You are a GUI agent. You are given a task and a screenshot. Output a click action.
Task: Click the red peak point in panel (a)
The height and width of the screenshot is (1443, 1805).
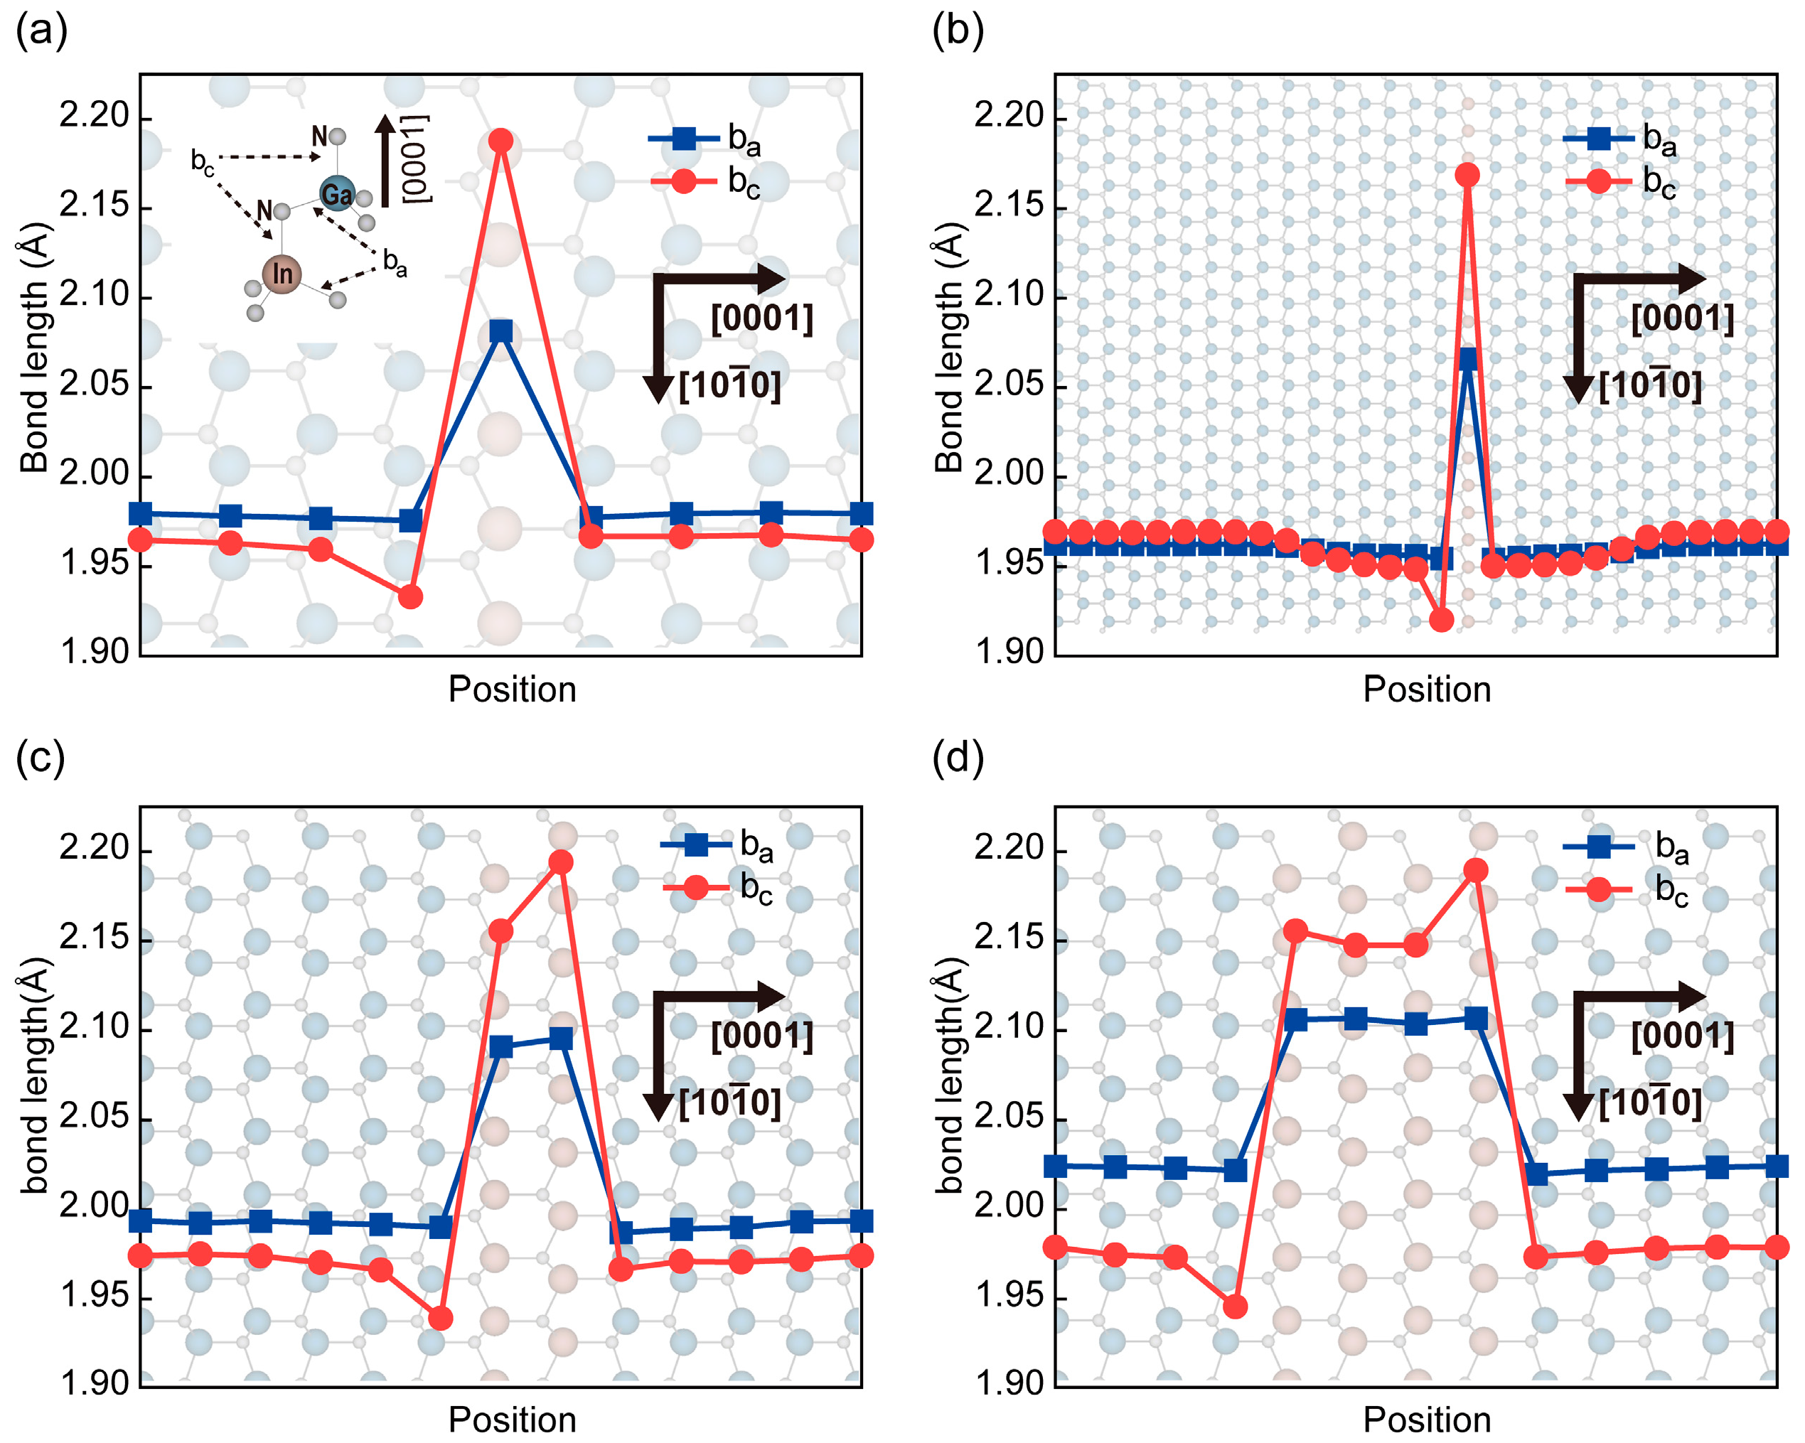tap(500, 141)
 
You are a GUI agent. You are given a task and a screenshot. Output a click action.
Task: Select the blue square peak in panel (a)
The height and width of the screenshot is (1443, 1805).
tap(500, 331)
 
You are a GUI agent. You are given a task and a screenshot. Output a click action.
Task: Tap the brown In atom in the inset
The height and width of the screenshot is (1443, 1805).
tap(282, 274)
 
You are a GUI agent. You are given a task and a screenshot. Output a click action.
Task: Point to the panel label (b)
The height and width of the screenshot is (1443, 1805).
tap(957, 31)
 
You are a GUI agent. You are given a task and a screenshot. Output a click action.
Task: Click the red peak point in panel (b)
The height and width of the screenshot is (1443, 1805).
tap(1467, 175)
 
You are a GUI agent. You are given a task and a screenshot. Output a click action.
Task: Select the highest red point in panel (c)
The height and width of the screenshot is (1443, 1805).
tap(560, 862)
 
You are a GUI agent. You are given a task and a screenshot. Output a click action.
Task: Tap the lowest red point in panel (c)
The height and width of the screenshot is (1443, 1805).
tap(440, 1319)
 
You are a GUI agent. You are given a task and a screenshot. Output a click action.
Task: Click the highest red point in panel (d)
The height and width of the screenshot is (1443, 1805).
tap(1475, 871)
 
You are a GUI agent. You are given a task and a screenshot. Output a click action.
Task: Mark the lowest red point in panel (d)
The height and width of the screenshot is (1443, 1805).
tap(1235, 1307)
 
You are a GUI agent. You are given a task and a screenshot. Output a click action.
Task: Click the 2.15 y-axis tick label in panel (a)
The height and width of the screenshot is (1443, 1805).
tap(95, 206)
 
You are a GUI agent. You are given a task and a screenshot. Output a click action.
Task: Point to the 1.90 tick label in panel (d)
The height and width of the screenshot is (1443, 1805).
tap(1009, 1383)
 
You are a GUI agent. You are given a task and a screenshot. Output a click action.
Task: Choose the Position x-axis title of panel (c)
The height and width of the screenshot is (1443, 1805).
tap(513, 1420)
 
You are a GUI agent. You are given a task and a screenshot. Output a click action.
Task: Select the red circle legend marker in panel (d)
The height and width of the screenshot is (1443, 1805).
tap(1598, 889)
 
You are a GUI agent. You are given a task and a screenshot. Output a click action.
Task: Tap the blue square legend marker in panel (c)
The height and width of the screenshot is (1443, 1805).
tap(696, 845)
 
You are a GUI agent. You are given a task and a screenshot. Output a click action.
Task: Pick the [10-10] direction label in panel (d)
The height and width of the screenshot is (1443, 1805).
tap(1649, 1103)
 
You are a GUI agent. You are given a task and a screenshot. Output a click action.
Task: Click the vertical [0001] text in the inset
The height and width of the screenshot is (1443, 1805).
tap(415, 159)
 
